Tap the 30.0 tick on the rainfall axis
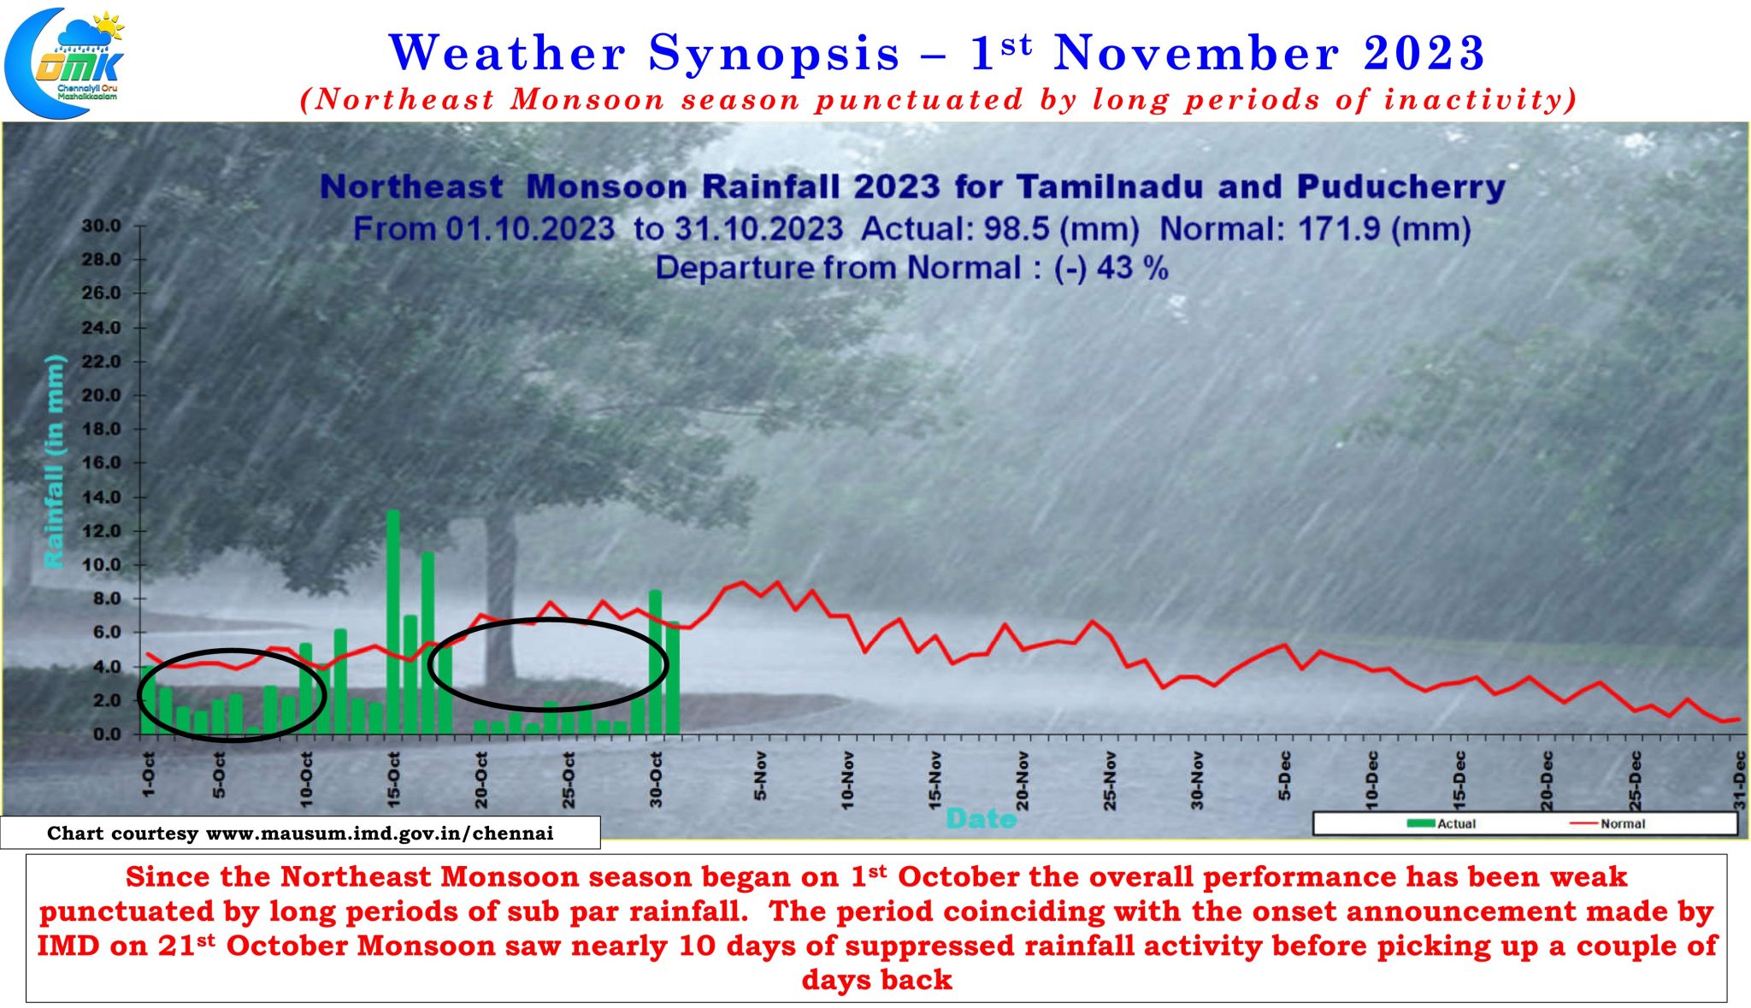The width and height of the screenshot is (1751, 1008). tap(102, 226)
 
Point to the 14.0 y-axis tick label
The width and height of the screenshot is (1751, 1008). tap(102, 497)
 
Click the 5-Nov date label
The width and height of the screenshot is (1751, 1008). tap(760, 776)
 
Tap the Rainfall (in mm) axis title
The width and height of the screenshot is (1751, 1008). tap(54, 461)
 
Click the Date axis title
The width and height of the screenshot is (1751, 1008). tap(981, 819)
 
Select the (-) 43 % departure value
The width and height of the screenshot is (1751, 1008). tap(1111, 268)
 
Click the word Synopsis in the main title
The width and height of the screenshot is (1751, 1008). tap(774, 53)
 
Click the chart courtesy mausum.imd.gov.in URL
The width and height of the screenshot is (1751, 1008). tap(380, 833)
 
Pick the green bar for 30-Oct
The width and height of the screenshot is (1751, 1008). tap(655, 663)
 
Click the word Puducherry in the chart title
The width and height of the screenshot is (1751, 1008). tap(1400, 187)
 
